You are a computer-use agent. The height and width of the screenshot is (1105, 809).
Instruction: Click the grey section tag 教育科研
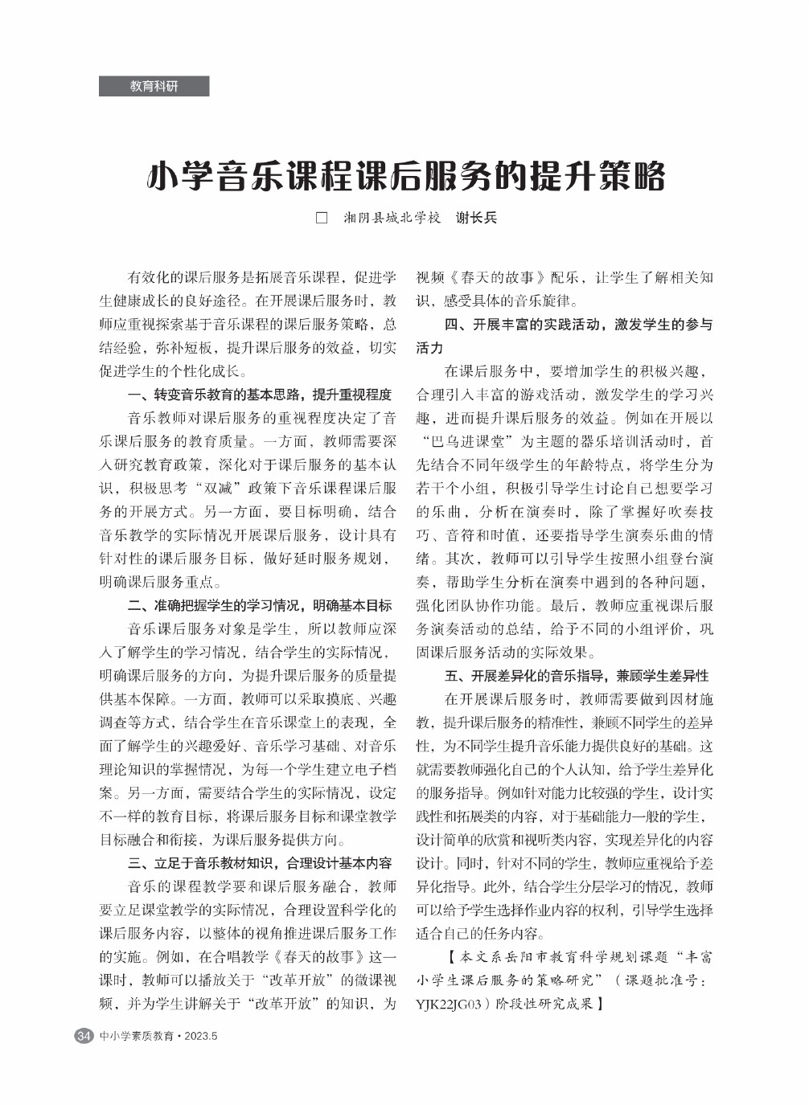coord(154,86)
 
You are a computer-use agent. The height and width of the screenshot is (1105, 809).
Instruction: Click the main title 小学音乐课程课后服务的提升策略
coord(406,176)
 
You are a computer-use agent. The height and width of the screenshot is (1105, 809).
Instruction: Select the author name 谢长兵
coord(476,218)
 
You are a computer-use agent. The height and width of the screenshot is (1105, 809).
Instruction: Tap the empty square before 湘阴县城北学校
coord(322,218)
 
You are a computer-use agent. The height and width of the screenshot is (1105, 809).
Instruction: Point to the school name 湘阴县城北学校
coord(392,218)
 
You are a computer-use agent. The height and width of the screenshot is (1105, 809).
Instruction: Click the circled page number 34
coord(84,1035)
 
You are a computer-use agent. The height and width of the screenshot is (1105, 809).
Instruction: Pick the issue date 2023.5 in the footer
coord(201,1036)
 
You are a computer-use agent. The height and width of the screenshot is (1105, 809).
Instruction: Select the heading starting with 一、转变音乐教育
coord(260,395)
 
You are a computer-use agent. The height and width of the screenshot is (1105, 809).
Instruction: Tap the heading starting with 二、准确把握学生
coord(260,605)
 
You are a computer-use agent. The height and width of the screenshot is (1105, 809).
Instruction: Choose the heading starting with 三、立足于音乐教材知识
coord(260,863)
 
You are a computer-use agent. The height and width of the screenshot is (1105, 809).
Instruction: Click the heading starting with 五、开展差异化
coord(577,676)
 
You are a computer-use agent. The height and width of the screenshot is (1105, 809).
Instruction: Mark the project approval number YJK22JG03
coord(448,1004)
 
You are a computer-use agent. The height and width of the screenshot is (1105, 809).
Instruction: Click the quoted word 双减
coord(220,489)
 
